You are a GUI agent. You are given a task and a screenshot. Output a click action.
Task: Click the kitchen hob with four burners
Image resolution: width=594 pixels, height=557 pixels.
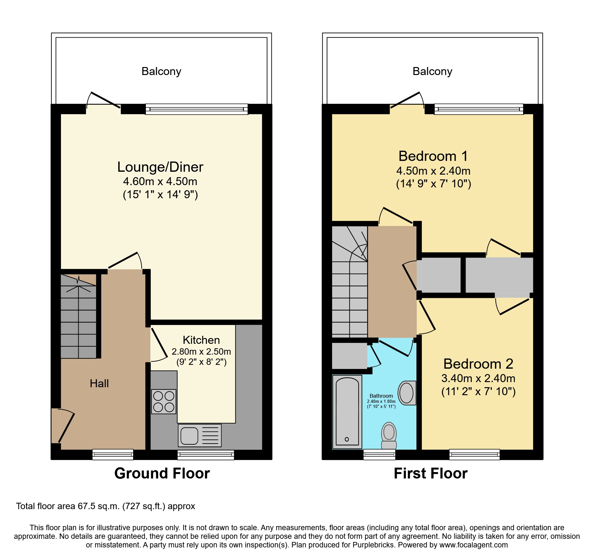coord(164,402)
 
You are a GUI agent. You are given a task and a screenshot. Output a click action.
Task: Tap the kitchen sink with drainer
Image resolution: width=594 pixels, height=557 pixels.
coord(200,435)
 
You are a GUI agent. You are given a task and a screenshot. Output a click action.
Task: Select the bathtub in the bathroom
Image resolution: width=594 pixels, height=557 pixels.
coord(347,412)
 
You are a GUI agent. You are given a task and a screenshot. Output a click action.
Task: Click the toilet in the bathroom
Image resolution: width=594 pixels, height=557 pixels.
coord(389,436)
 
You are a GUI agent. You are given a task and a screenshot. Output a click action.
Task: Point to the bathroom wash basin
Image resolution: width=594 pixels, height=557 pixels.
coord(407,393)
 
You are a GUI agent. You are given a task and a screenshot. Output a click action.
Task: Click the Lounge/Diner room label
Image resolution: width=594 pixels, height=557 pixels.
coord(160,167)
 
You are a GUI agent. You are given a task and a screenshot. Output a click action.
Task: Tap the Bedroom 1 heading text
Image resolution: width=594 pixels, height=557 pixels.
coord(433,156)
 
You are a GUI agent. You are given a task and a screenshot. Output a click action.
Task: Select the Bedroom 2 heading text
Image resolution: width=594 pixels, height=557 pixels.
coord(478,364)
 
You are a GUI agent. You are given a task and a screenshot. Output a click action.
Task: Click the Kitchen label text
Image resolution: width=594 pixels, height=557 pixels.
coord(201,340)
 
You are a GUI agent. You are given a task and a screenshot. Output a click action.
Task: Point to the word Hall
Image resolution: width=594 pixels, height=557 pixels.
coord(99,383)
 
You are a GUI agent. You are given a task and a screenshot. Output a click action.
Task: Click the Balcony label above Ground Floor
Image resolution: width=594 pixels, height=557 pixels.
coord(161,71)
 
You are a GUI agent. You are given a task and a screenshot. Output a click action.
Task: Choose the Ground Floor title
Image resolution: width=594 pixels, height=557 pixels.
coord(162,473)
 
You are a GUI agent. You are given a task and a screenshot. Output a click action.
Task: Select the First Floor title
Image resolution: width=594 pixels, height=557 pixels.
coord(430,473)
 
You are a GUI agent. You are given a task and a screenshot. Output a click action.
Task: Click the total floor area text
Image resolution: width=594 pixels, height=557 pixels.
coord(105,506)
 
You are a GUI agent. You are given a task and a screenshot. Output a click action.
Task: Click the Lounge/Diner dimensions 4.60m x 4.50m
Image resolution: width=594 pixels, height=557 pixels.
coord(160,182)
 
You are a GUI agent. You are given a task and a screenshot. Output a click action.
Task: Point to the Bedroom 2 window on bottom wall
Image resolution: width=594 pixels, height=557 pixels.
coord(474,454)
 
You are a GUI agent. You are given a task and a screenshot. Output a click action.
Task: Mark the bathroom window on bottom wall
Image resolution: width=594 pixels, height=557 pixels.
coord(379,454)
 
